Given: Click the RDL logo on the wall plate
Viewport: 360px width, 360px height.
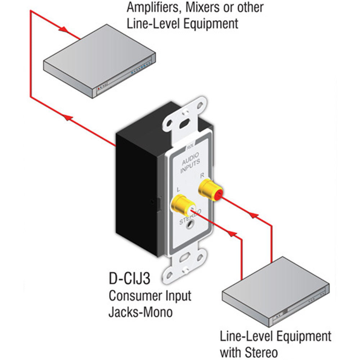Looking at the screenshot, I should [190, 147].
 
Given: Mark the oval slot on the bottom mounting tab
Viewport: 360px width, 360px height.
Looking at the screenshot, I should [185, 258].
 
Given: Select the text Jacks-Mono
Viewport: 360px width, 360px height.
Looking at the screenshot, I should [140, 312].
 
